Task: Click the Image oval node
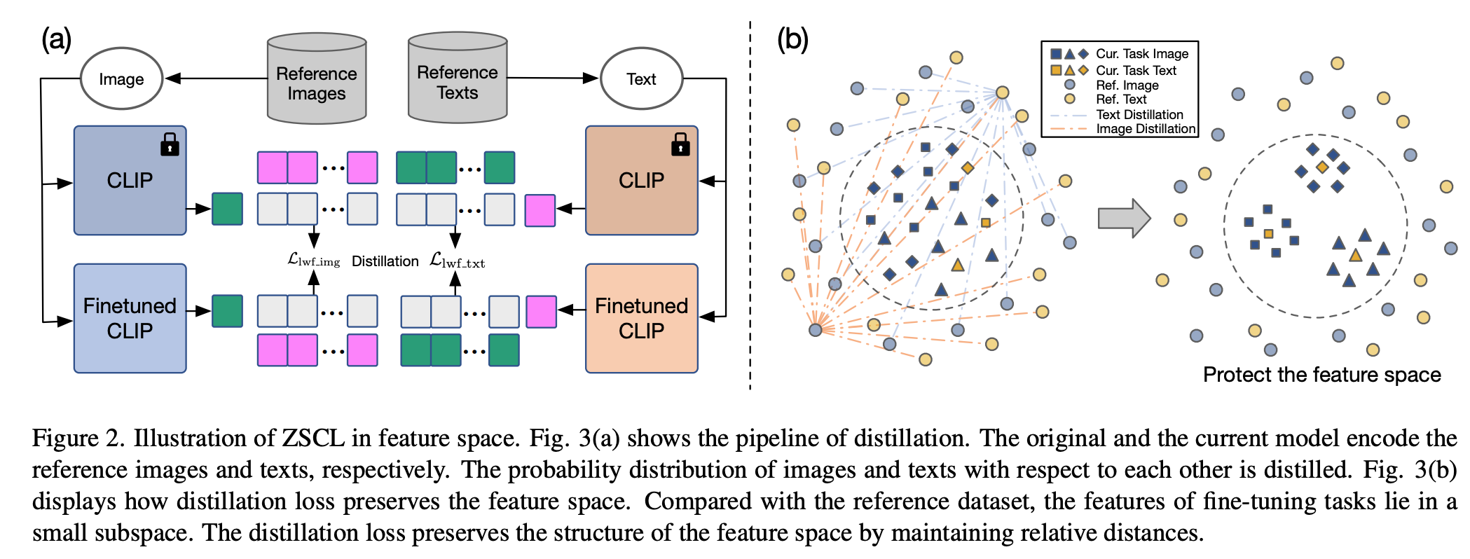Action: [121, 79]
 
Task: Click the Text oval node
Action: [641, 79]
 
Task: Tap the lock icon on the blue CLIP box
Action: [170, 144]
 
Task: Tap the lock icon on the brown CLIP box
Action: [680, 144]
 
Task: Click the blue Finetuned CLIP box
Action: [130, 318]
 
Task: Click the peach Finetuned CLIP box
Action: [641, 318]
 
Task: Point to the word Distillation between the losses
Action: [385, 261]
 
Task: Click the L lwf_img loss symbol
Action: [313, 261]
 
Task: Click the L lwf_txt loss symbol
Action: [457, 261]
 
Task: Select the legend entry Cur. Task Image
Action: [1141, 54]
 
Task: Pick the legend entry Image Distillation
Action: [1145, 129]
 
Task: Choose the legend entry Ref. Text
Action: [1120, 99]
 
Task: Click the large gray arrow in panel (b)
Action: [1123, 218]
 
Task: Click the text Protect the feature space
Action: [1321, 375]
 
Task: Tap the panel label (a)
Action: [56, 39]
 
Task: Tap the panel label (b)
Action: [792, 39]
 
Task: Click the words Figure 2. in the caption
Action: [78, 439]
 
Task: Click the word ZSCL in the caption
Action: [312, 439]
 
